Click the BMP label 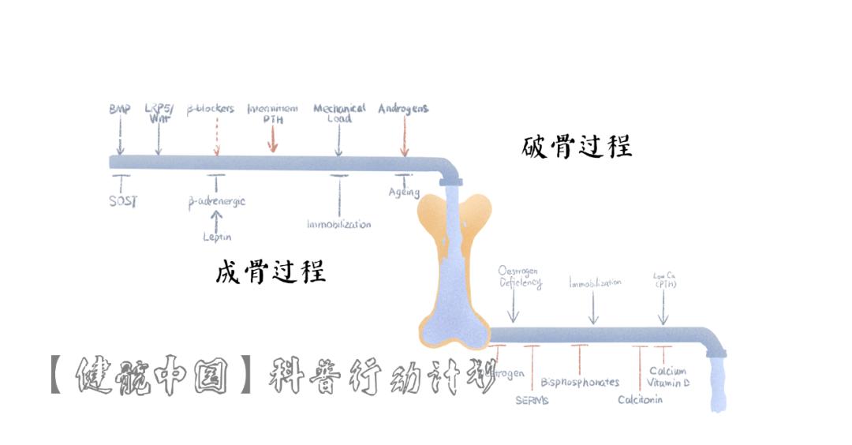tap(120, 109)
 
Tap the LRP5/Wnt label tap(159, 114)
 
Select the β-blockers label tap(211, 109)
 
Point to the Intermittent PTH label tap(272, 114)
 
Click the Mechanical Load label tap(339, 113)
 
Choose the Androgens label tap(403, 109)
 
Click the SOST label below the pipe tap(122, 200)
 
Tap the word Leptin tap(216, 237)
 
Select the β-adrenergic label tap(216, 201)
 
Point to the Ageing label tap(404, 192)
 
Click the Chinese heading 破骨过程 tap(577, 147)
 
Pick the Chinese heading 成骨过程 tap(271, 272)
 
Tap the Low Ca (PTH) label tap(664, 280)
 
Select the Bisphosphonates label tap(580, 383)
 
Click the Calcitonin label tap(640, 400)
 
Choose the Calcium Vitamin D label tap(669, 376)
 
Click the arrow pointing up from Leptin tap(216, 219)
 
